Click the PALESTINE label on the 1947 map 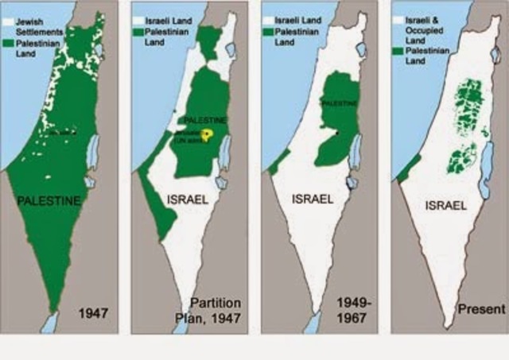(x=49, y=200)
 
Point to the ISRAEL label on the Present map (x=445, y=205)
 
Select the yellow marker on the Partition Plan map (x=208, y=134)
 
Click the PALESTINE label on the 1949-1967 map (x=339, y=103)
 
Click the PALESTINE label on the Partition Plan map (x=205, y=119)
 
